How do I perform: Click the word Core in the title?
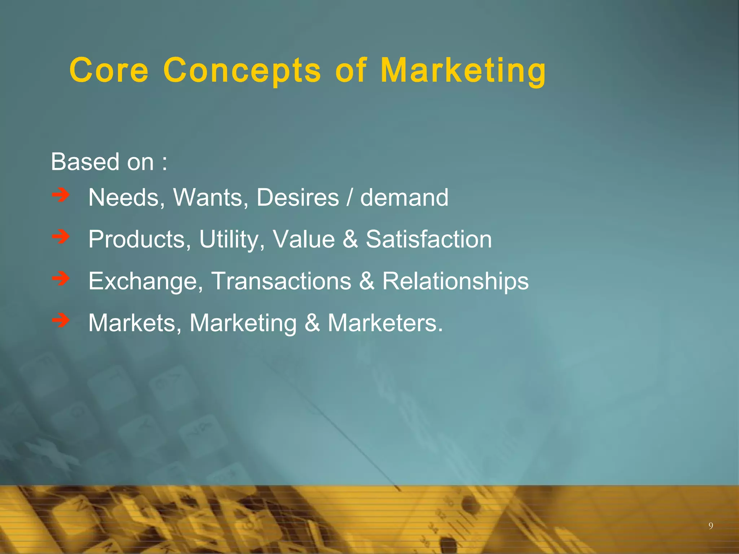click(x=109, y=70)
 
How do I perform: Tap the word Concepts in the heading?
click(x=242, y=70)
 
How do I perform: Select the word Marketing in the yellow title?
click(x=463, y=70)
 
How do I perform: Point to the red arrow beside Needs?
click(x=61, y=195)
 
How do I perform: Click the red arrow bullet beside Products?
click(x=61, y=237)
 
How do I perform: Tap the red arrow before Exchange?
click(x=61, y=278)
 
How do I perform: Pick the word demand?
click(x=404, y=198)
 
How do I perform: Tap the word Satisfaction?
click(x=429, y=239)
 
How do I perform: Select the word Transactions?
click(x=281, y=281)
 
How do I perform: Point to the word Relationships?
click(x=455, y=281)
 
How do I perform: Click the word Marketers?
click(x=385, y=323)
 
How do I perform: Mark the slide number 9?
click(x=710, y=526)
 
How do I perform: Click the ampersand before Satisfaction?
click(x=350, y=239)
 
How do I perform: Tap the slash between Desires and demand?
click(x=349, y=198)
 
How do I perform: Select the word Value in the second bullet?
click(x=304, y=239)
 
